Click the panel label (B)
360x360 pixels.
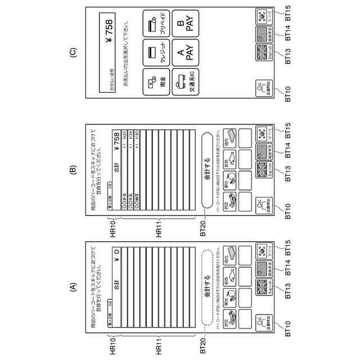point(72,168)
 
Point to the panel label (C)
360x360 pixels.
point(72,53)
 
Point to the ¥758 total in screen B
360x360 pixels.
point(116,137)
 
